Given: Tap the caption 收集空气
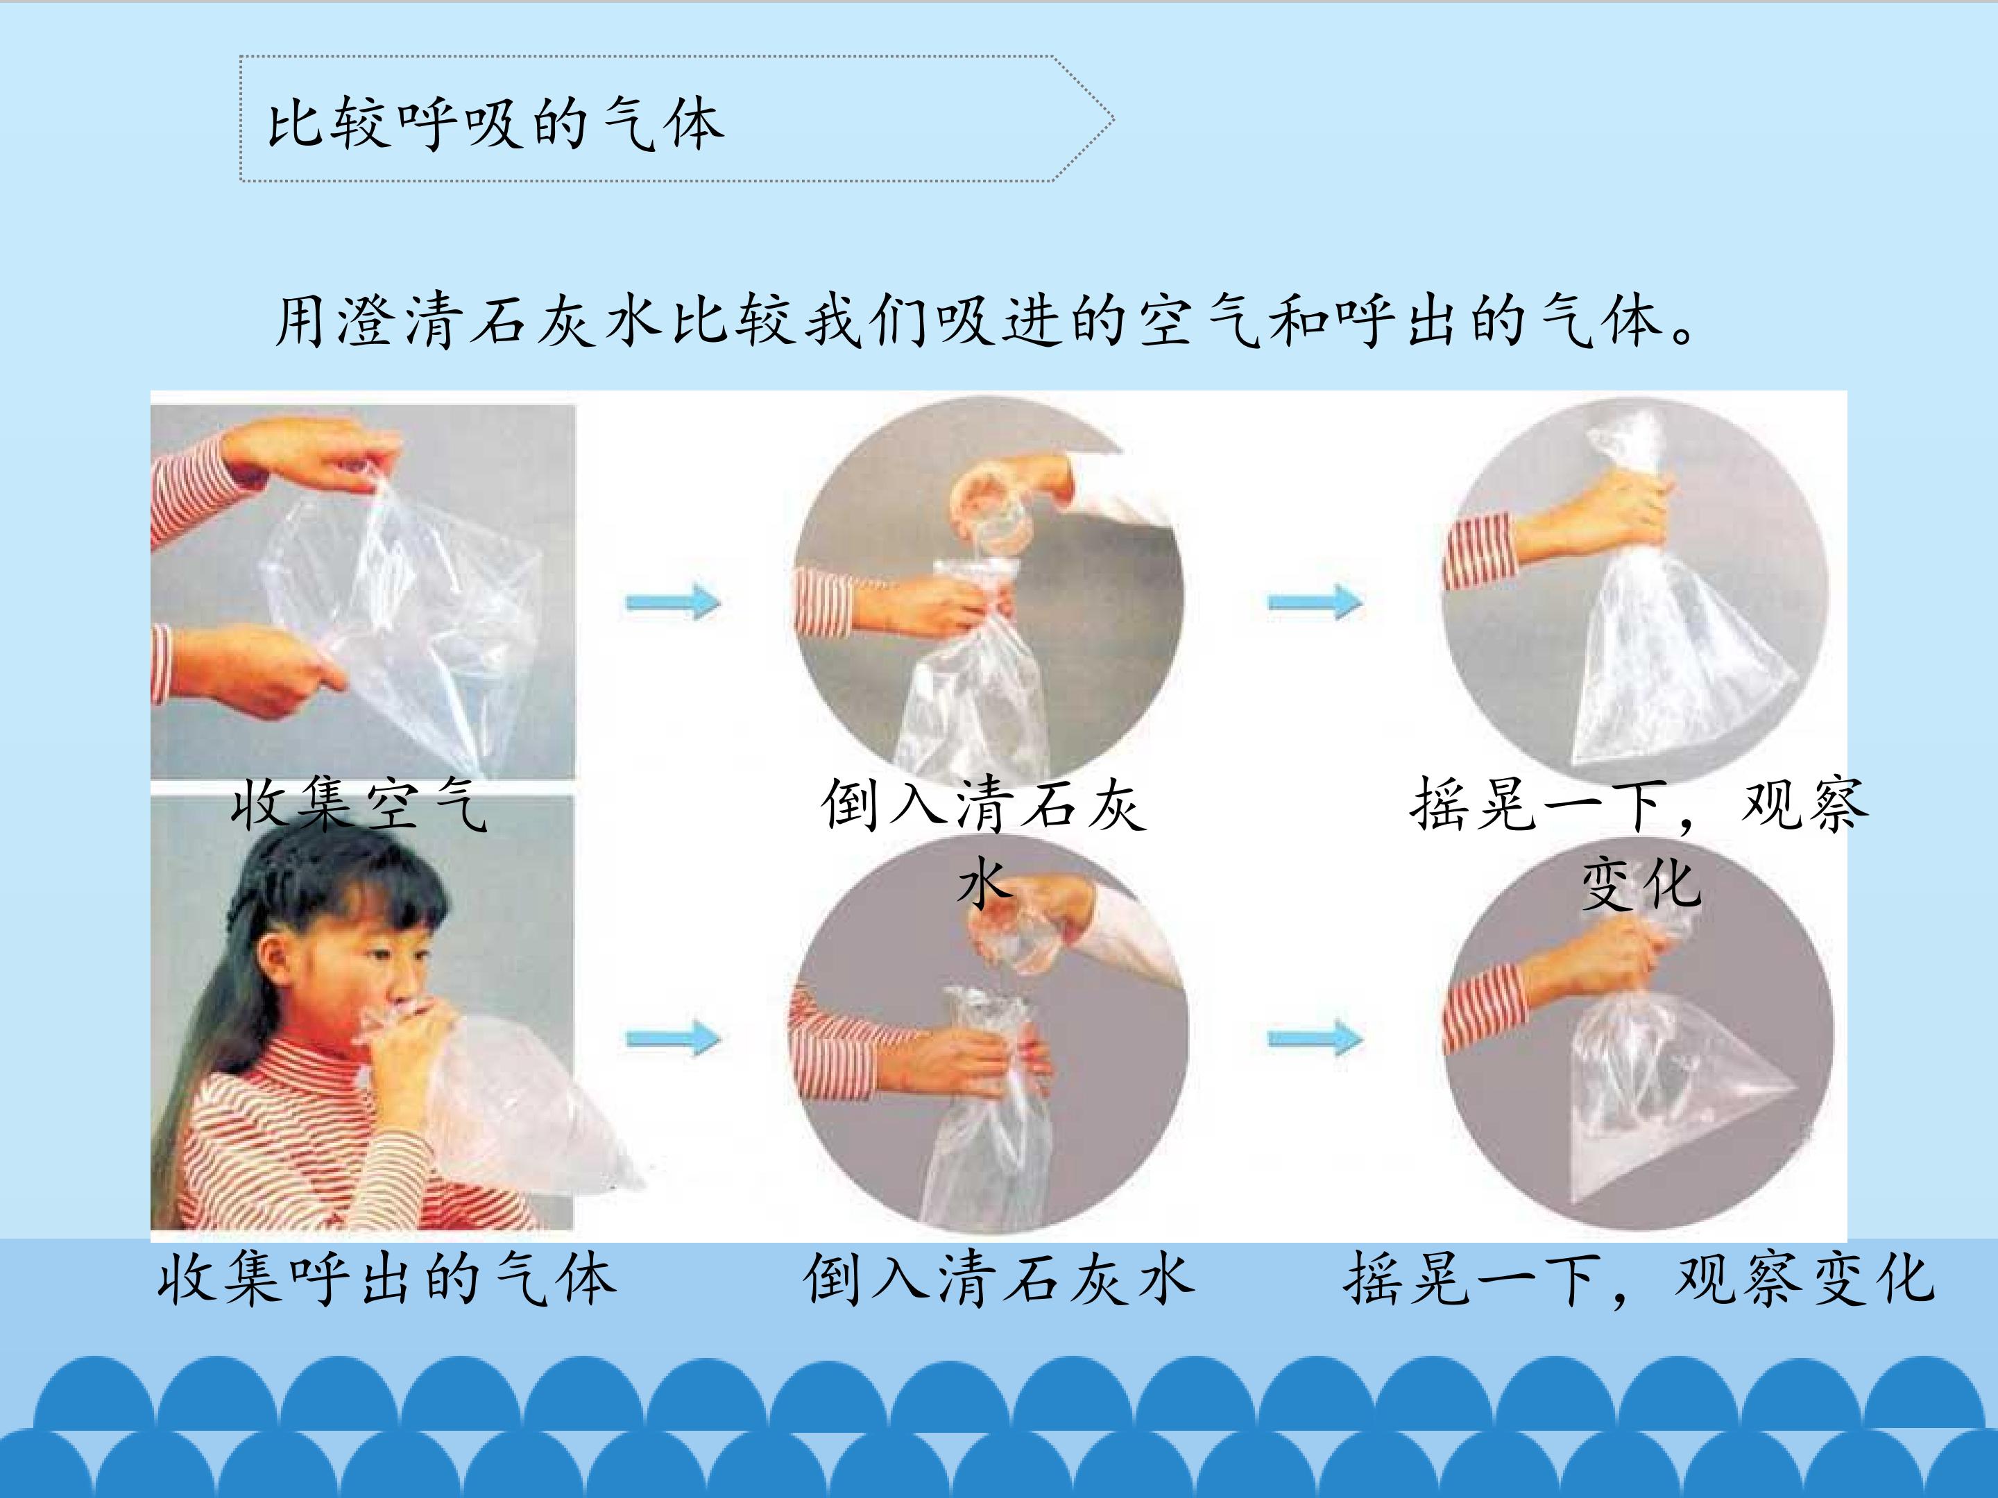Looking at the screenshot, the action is tap(360, 804).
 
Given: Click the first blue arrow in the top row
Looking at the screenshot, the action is tap(673, 601).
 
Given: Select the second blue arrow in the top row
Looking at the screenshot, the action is tap(1315, 601).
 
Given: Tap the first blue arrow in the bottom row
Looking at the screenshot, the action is tap(673, 1038).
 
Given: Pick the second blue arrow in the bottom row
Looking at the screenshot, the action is tap(1315, 1038).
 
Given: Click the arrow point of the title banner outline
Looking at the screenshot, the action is tap(1113, 119).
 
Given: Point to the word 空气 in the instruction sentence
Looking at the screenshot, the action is tap(1202, 322).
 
